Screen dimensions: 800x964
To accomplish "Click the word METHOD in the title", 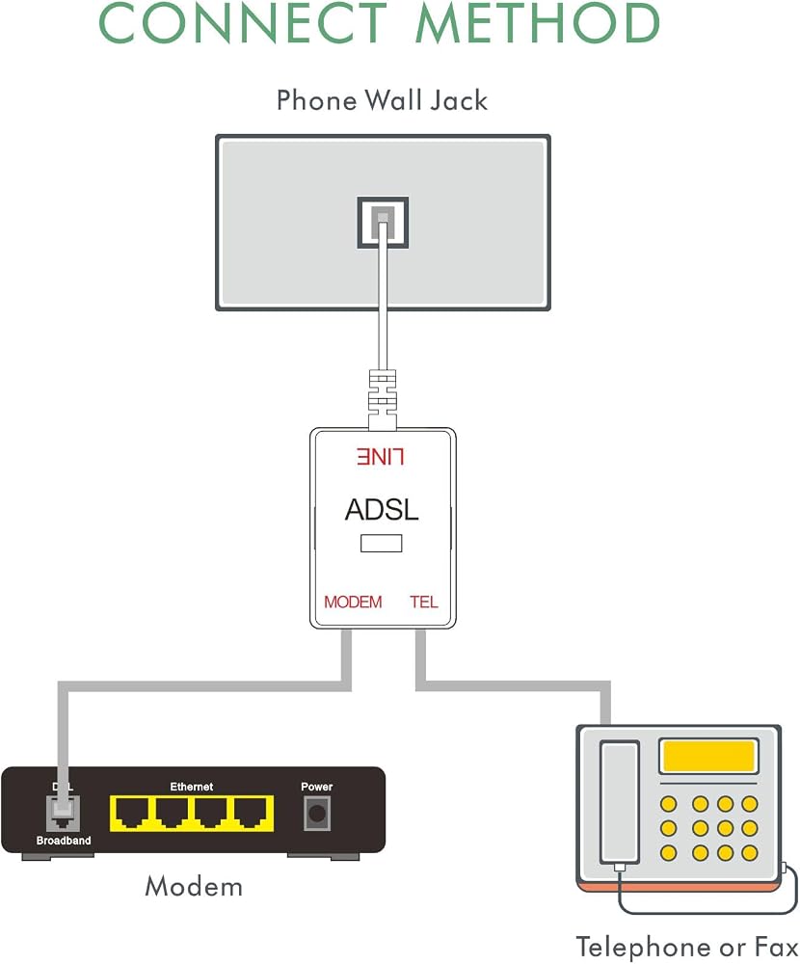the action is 538,22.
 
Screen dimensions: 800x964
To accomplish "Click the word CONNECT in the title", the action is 242,22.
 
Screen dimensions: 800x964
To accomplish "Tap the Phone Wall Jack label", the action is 382,100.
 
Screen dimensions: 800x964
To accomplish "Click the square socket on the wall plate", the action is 383,223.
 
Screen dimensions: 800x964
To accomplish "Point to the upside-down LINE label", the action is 380,457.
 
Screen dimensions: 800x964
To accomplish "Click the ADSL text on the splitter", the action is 382,509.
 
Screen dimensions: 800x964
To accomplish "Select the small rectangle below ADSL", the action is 382,544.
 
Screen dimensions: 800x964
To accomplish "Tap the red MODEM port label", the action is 353,602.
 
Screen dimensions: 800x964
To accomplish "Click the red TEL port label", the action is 424,602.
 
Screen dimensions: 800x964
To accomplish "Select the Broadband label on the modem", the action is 64,841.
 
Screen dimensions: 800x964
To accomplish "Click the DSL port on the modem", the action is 63,814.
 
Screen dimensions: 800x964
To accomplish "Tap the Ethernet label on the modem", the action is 191,787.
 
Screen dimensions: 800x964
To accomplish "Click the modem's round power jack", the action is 317,814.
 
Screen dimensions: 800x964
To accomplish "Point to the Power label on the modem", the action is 317,787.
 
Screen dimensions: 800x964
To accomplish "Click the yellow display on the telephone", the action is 708,756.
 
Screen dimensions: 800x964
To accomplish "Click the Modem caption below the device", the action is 194,887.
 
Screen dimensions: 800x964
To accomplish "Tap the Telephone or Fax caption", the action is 687,947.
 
